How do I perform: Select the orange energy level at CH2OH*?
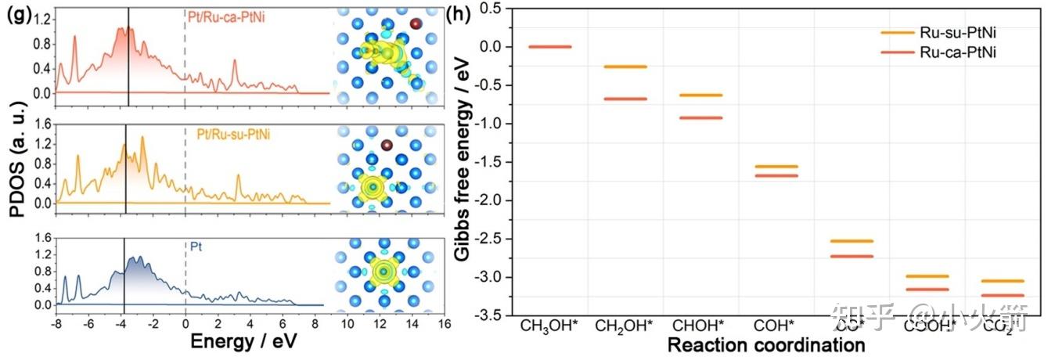click(x=625, y=67)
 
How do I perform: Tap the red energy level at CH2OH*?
click(x=625, y=99)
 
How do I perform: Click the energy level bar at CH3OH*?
click(x=549, y=47)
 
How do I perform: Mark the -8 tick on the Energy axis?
click(x=56, y=324)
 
